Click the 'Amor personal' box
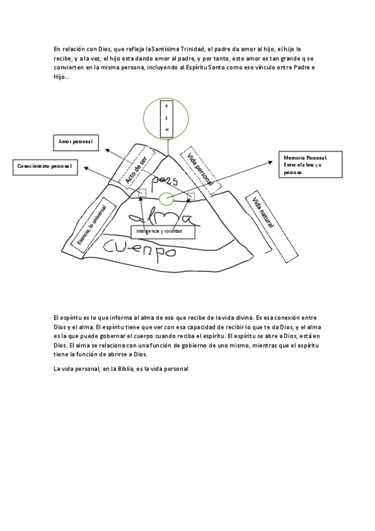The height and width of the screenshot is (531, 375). [76, 143]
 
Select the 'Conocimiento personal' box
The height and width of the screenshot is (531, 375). [45, 167]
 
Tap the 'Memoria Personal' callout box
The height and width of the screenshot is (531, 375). [311, 165]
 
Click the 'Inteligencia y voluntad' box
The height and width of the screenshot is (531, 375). [163, 232]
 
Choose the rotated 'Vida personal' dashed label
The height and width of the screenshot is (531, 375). [200, 170]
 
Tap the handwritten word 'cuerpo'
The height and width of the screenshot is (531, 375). [140, 250]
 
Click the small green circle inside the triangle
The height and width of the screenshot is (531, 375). [167, 198]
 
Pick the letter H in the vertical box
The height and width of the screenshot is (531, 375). [167, 130]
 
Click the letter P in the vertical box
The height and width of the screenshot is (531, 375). [167, 106]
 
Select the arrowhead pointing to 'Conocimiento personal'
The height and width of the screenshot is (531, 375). [86, 168]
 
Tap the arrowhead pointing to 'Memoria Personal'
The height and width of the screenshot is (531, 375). [270, 163]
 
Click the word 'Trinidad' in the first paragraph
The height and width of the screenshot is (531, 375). [193, 49]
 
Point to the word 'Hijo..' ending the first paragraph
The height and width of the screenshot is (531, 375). [61, 77]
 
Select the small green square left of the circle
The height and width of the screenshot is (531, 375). [142, 193]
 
